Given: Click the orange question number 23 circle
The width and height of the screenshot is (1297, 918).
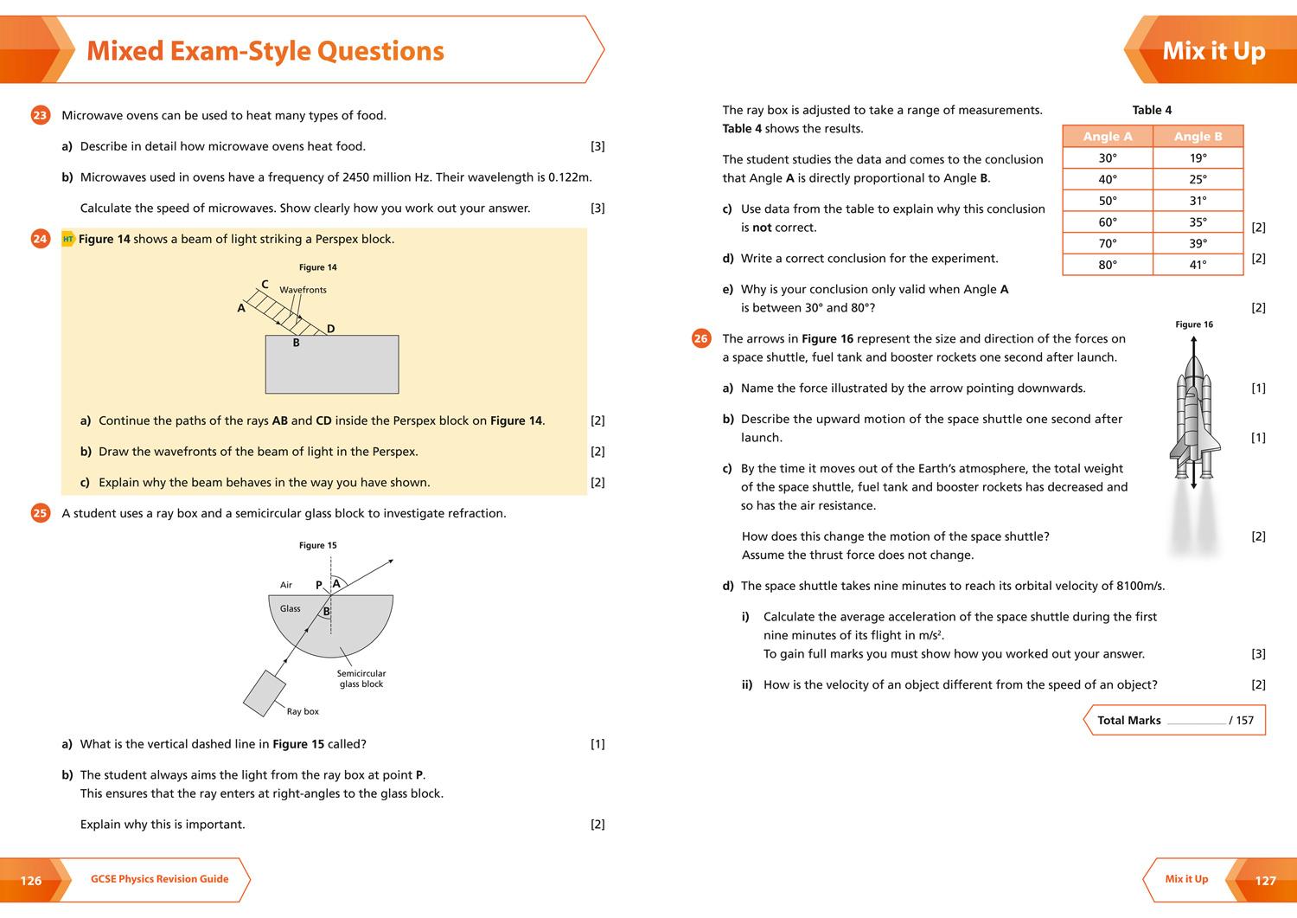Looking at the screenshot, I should click(40, 115).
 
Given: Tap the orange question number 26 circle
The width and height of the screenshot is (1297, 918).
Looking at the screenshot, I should click(701, 339).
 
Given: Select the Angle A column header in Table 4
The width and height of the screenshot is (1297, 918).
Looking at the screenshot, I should click(1107, 137).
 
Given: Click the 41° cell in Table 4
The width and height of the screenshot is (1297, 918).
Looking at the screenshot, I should click(1198, 265).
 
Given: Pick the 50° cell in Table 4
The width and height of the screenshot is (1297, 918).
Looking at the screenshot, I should click(1107, 201).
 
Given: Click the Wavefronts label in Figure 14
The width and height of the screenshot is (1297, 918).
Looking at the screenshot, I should click(303, 290).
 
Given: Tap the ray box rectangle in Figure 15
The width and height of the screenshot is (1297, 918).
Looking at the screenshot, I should click(265, 693).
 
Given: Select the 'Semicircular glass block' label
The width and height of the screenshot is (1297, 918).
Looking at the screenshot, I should click(361, 678).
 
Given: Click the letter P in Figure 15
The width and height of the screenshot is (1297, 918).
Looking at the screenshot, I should click(318, 585).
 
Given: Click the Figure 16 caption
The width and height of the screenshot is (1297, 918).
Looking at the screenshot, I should click(1194, 324).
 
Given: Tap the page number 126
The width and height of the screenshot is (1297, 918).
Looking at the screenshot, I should click(31, 881).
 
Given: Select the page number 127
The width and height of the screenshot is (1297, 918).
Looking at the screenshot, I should click(1265, 881).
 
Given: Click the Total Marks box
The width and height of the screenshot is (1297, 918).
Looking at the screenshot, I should click(1174, 720).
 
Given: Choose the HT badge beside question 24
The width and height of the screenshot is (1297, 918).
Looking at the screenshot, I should click(68, 239).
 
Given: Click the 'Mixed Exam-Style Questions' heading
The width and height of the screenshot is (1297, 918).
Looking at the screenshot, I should click(265, 51).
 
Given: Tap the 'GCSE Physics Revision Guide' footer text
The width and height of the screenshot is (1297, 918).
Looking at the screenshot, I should click(160, 879).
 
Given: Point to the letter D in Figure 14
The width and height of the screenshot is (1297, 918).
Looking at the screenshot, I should click(330, 329).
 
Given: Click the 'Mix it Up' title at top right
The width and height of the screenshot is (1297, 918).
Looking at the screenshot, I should click(1213, 51).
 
